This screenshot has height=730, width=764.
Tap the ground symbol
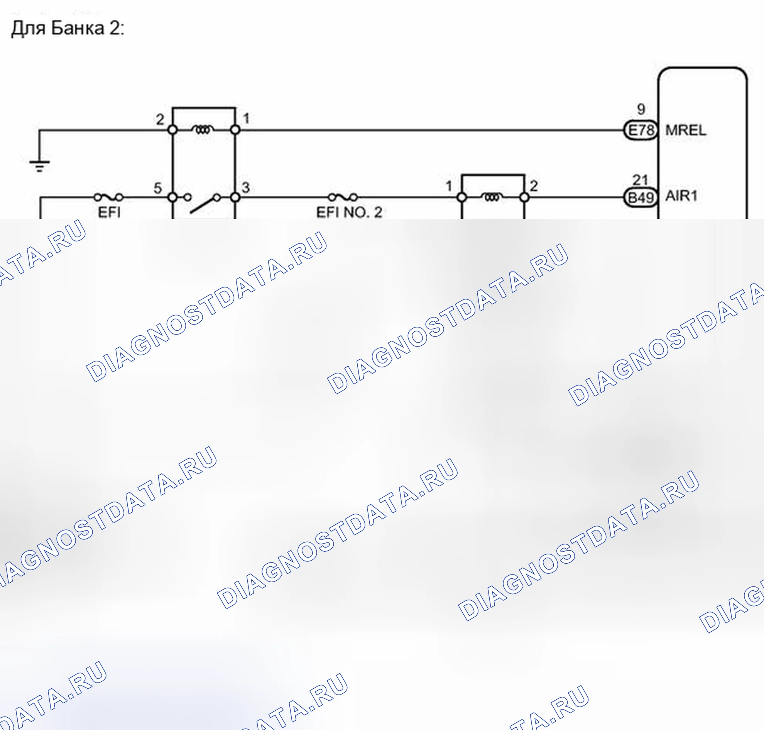tap(39, 166)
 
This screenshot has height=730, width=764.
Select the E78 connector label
tap(641, 130)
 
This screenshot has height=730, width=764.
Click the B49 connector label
tap(641, 197)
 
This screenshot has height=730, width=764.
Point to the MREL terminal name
tap(685, 130)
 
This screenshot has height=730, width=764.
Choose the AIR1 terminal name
tap(681, 196)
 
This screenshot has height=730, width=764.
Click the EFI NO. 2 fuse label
tap(349, 213)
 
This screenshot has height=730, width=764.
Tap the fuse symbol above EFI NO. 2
tap(343, 197)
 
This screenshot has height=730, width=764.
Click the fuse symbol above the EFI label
tap(108, 197)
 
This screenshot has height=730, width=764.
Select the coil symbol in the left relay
tap(204, 129)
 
